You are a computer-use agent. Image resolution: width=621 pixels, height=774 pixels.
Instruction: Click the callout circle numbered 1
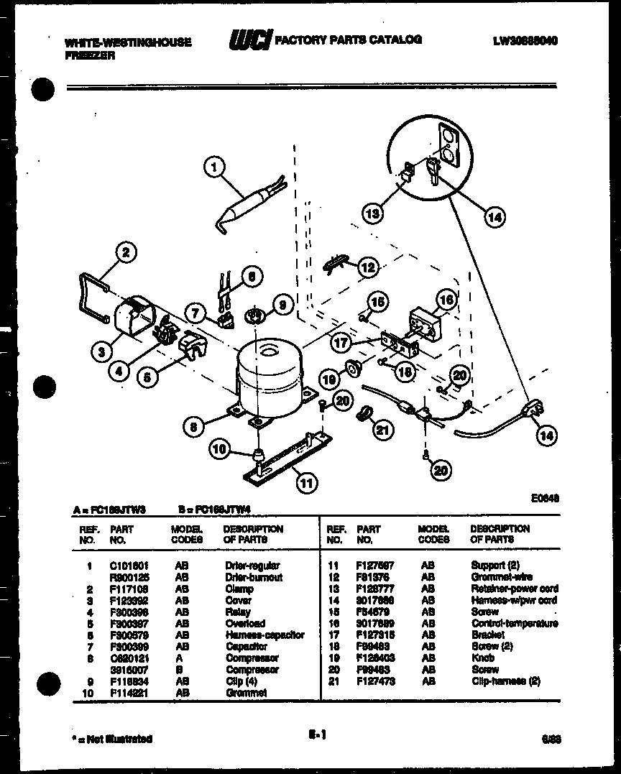[213, 168]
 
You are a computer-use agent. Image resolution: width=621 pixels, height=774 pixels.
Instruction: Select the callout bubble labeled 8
[193, 427]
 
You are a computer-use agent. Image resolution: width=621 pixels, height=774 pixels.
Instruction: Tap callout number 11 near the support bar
[307, 483]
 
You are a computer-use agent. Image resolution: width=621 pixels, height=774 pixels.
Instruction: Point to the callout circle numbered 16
[446, 300]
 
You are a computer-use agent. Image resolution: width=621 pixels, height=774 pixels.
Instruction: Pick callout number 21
[383, 430]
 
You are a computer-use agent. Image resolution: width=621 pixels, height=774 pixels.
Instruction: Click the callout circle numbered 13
[372, 213]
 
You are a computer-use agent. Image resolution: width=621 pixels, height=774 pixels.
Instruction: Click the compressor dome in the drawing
[269, 374]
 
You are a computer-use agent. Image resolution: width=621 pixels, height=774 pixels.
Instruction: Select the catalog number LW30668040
[525, 41]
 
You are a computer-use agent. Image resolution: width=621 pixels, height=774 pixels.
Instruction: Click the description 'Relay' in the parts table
[238, 612]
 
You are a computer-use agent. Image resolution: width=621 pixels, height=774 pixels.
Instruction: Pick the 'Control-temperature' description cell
[513, 623]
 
